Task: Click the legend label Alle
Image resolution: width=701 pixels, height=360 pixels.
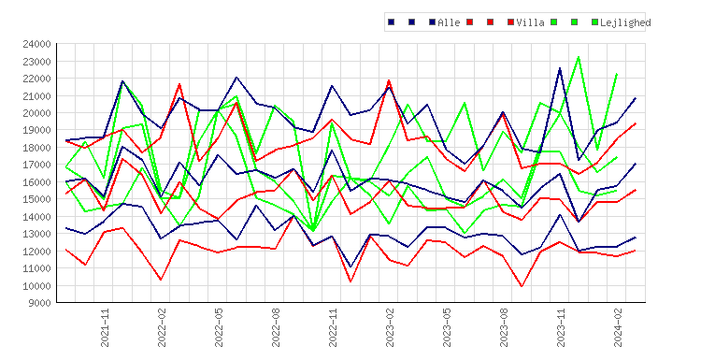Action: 449,22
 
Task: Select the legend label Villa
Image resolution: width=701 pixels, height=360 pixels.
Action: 530,22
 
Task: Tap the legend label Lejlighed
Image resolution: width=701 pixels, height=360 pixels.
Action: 625,22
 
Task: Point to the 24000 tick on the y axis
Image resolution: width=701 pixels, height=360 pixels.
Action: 36,44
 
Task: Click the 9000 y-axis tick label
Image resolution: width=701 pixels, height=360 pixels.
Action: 39,303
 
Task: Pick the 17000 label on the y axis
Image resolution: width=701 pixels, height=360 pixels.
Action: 36,165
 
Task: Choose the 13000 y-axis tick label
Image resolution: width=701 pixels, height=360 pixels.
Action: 36,234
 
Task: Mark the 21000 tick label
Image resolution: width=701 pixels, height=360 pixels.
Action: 36,95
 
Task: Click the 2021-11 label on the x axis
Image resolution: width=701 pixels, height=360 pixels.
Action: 105,327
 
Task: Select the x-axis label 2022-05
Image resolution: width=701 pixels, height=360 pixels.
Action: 219,327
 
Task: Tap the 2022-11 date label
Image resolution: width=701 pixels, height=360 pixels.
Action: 333,327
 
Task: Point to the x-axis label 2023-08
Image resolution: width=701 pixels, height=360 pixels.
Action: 504,327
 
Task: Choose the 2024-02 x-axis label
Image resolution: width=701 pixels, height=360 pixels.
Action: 618,327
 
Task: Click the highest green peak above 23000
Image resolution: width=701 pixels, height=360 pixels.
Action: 579,57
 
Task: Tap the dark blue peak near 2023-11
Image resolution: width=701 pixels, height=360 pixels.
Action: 560,68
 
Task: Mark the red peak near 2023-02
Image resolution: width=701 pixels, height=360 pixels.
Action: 389,80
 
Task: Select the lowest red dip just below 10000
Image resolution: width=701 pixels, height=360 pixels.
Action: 522,286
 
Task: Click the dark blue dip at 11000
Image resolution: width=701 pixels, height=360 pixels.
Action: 350,267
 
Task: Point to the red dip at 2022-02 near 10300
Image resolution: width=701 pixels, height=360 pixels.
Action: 161,280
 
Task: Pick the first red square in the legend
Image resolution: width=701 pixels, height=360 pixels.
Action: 469,22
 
